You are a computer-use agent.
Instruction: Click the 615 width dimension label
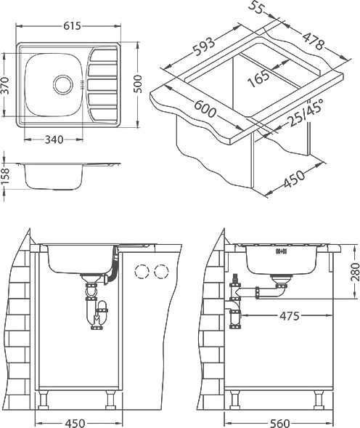tap(73, 26)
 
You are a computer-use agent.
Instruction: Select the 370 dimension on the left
tap(5, 86)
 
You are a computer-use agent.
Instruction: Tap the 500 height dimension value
tap(139, 84)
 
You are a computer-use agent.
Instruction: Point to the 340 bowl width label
tap(54, 140)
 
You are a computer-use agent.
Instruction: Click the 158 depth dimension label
tap(5, 177)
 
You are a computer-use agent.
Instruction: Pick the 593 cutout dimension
tap(204, 45)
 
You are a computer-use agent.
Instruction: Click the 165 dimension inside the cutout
tap(258, 78)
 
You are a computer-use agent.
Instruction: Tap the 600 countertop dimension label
tap(205, 109)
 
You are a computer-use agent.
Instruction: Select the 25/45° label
tap(306, 113)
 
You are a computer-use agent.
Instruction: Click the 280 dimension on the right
tap(355, 272)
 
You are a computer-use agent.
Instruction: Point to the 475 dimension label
tap(290, 316)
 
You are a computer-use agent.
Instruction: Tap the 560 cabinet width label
tap(279, 424)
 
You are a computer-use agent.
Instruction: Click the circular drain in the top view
tap(63, 84)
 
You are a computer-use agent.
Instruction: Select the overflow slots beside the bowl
tap(81, 84)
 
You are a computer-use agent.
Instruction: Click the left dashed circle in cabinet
tap(142, 271)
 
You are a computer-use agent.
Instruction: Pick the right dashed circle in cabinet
tap(161, 271)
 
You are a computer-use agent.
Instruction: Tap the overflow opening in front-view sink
tap(281, 250)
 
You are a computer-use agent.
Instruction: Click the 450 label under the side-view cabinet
tap(75, 424)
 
